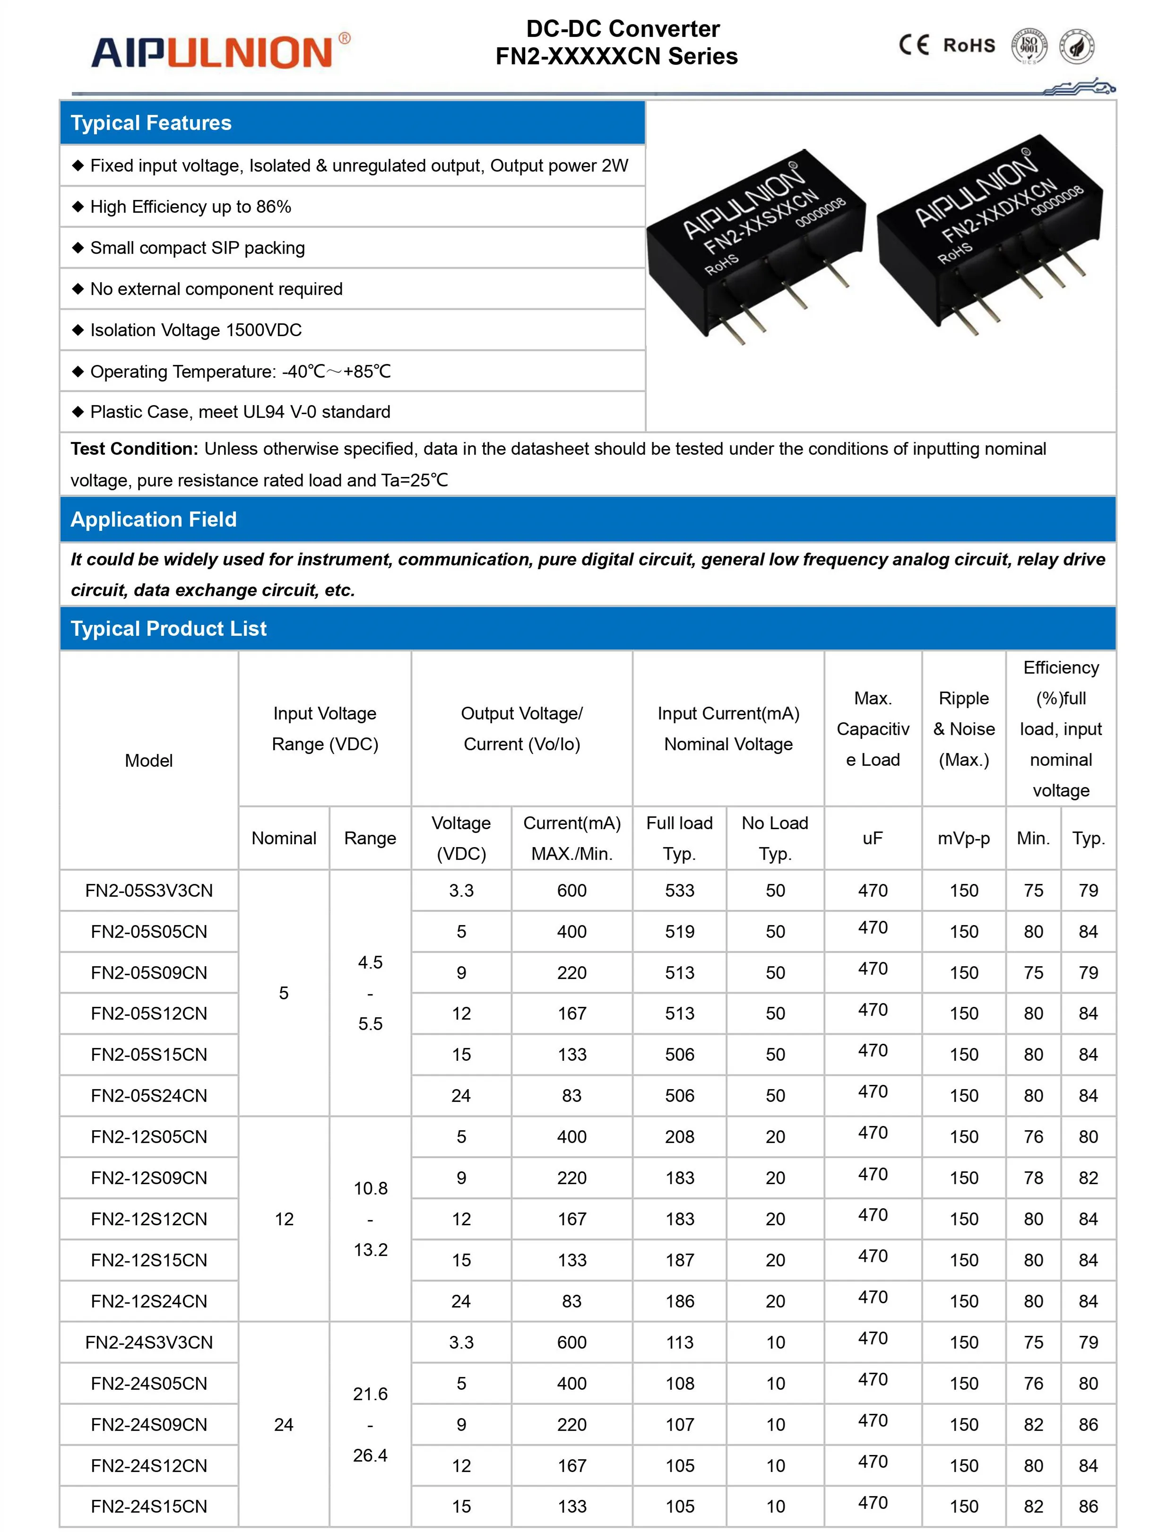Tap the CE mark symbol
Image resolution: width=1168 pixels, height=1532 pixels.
point(913,45)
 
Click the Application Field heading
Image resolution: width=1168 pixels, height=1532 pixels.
point(154,519)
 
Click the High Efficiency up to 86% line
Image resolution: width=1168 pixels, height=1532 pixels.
point(190,207)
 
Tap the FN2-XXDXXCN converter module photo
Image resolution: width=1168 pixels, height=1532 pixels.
point(990,233)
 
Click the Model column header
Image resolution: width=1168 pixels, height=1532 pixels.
point(149,761)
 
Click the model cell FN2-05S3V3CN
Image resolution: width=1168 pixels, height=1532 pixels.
point(149,891)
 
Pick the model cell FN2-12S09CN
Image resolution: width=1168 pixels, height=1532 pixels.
point(149,1178)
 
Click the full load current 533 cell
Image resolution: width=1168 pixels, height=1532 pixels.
point(679,891)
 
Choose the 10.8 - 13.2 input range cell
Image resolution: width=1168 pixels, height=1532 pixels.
point(370,1219)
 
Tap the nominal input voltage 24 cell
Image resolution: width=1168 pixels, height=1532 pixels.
point(284,1425)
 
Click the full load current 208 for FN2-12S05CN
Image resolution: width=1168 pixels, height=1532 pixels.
point(679,1137)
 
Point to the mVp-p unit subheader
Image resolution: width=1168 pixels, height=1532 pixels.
point(964,838)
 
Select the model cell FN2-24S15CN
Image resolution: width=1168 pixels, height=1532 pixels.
point(149,1507)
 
